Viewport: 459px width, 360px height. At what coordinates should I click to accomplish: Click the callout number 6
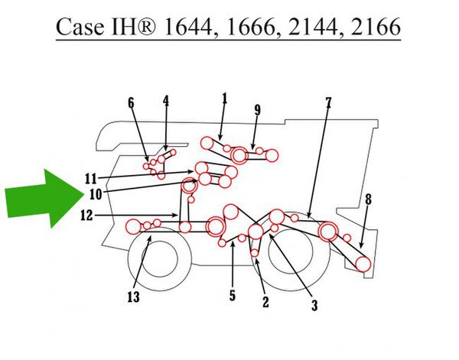coord(131,103)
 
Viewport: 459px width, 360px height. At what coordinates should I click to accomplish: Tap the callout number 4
coord(166,101)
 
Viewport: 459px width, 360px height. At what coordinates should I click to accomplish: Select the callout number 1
coord(224,99)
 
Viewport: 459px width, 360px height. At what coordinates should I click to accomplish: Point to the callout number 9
coord(257,110)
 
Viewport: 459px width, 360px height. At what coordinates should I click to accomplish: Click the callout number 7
coord(328,102)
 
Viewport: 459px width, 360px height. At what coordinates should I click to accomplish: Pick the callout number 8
coord(368,199)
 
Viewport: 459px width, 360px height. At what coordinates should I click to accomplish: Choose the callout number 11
coord(91,179)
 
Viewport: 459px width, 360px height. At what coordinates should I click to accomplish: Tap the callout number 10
coord(96,194)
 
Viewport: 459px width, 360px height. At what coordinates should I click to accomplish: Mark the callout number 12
coord(86,216)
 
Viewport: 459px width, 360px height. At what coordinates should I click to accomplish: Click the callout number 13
coord(133,297)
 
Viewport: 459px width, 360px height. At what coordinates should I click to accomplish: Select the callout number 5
coord(233,295)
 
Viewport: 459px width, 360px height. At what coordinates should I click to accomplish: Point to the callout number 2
coord(265,302)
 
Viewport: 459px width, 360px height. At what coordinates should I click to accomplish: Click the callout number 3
coord(314,305)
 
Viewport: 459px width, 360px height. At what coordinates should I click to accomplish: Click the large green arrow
coord(44,198)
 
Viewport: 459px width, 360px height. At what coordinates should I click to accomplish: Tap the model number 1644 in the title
coord(188,28)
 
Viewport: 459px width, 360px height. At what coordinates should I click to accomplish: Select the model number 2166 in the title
coord(376,28)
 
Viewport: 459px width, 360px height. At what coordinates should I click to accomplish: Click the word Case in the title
coord(80,28)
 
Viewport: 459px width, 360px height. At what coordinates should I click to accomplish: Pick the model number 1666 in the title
coord(251,28)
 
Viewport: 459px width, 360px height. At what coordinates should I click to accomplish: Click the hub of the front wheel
coord(160,259)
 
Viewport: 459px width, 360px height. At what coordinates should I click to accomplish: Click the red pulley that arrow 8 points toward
coord(363,264)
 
